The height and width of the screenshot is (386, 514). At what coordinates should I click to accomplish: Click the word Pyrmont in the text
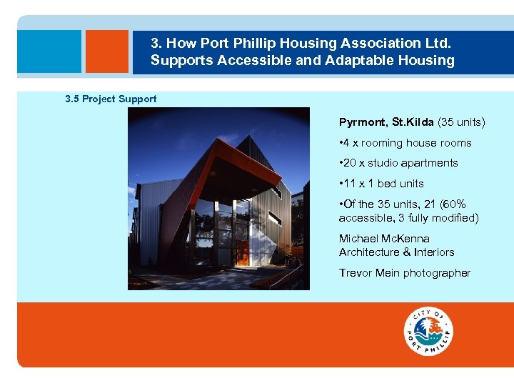(x=363, y=122)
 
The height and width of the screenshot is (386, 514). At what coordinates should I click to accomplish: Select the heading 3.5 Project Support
(x=111, y=99)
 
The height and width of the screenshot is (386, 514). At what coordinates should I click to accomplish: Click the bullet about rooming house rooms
(x=405, y=143)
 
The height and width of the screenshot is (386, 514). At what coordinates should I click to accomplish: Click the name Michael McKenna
(x=384, y=238)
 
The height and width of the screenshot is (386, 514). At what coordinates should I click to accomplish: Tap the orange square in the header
(x=106, y=51)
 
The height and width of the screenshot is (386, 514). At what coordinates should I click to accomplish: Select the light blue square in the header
(x=49, y=51)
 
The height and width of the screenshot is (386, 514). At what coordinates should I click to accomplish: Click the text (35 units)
(x=461, y=122)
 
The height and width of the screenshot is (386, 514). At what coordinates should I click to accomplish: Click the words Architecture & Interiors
(x=396, y=252)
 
